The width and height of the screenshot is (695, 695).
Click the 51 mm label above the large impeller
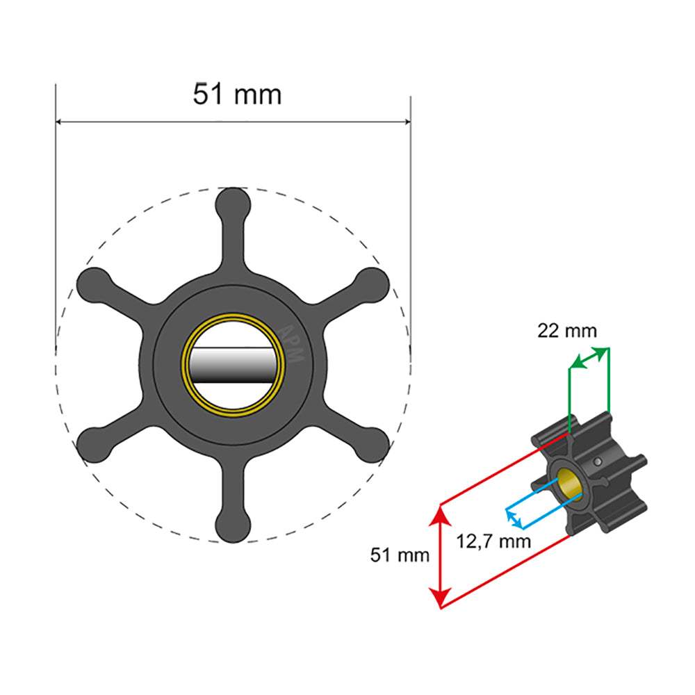237,95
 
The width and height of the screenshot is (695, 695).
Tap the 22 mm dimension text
566,331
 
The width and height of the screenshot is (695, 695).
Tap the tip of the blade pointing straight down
232,525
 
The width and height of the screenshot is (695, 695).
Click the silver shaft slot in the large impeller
232,365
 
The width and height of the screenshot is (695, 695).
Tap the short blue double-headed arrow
514,517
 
